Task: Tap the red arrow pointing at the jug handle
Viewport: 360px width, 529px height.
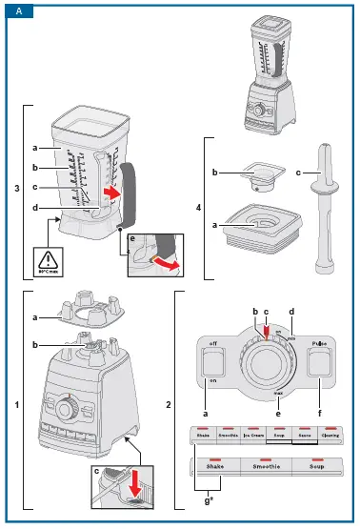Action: click(112, 194)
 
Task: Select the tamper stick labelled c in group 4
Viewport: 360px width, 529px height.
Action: click(325, 205)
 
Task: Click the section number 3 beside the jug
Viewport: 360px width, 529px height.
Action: click(17, 188)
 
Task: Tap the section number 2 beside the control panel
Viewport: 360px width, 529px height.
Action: click(170, 405)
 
